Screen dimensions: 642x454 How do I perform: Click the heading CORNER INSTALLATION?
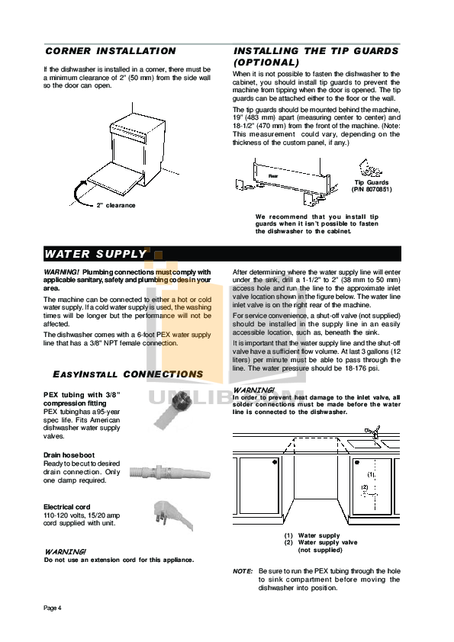(110, 51)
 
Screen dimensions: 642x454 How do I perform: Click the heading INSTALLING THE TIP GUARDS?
(315, 51)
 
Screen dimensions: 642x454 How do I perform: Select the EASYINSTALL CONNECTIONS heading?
(127, 374)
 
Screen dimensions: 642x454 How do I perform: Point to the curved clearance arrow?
(76, 192)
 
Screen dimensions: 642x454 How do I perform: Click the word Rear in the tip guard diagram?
(272, 175)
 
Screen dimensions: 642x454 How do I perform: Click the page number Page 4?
(52, 607)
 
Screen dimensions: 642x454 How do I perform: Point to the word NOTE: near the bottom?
(243, 571)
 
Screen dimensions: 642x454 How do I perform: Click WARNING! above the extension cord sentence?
(66, 551)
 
